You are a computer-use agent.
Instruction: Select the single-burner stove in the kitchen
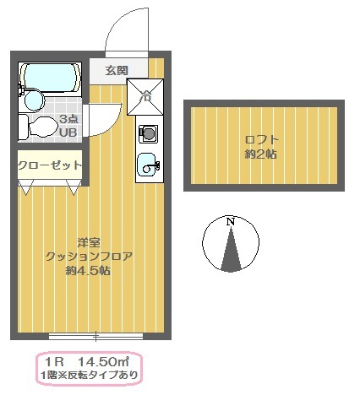pyautogui.click(x=148, y=133)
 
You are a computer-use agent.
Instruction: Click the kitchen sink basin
pyautogui.click(x=148, y=166)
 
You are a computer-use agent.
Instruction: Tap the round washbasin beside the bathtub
pyautogui.click(x=33, y=101)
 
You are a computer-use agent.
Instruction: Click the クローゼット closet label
pyautogui.click(x=50, y=165)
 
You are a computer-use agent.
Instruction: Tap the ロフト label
pyautogui.click(x=262, y=139)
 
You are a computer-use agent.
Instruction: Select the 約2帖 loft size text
pyautogui.click(x=262, y=154)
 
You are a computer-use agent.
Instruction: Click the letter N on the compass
pyautogui.click(x=230, y=221)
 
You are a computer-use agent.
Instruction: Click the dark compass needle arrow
pyautogui.click(x=230, y=253)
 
